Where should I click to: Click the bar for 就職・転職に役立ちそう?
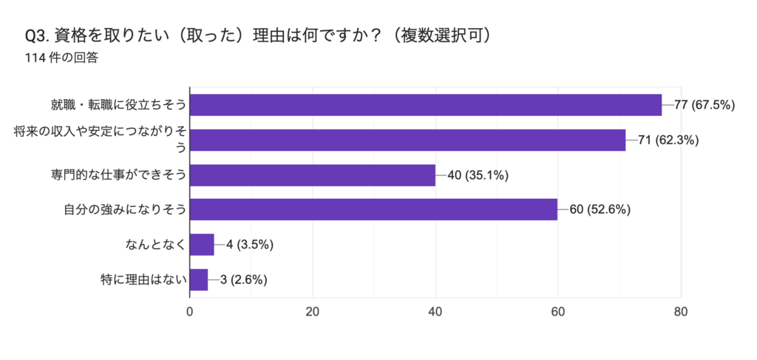426,105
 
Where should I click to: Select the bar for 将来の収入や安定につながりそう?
407,140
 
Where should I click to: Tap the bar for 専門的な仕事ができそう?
313,175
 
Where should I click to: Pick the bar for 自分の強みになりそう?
374,209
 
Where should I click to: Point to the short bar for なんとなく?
202,245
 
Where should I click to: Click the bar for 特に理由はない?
199,279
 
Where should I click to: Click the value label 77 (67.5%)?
705,105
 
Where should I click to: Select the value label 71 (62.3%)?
668,140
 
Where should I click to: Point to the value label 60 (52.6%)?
600,209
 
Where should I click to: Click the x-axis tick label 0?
190,312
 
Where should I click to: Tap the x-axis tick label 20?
313,312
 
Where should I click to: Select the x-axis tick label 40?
435,312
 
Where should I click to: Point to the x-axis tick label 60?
558,312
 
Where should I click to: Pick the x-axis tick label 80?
681,312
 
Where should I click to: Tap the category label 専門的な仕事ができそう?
118,175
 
